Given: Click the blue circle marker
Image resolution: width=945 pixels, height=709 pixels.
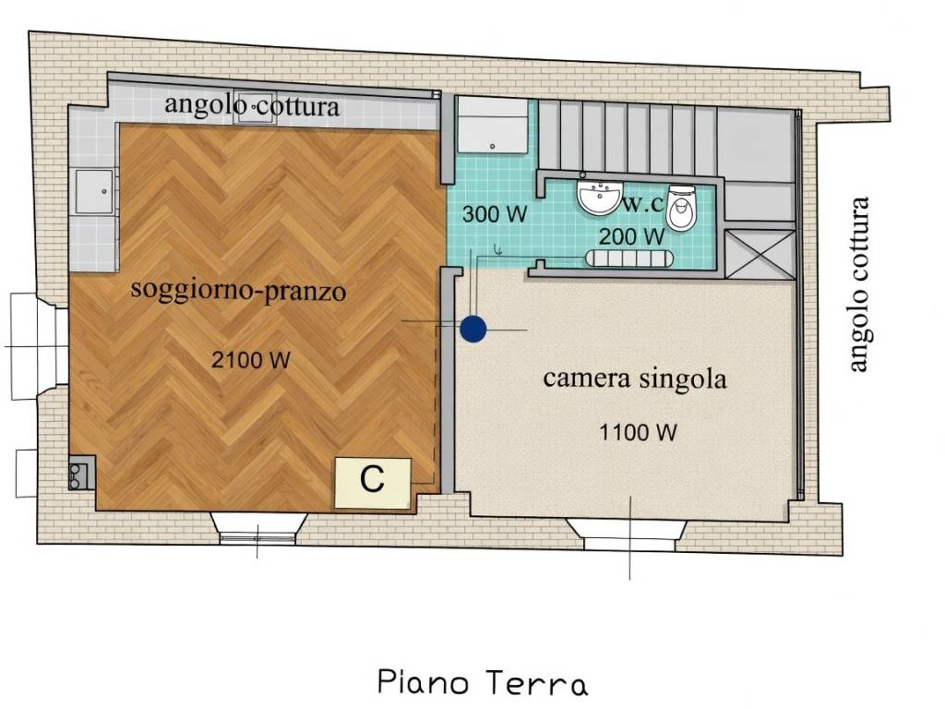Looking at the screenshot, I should pos(472,330).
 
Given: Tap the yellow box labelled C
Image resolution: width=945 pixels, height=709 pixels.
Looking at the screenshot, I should pos(373,482).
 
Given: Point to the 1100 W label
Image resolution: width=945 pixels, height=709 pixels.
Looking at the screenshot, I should pos(639,431).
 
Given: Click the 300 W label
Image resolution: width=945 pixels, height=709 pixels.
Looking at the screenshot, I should pos(494,215).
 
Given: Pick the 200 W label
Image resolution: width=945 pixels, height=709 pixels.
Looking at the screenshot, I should pos(631,236).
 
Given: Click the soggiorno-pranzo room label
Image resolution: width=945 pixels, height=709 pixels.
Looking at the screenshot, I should pos(238,291).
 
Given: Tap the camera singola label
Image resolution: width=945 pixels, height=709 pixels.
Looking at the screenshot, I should pos(634,378).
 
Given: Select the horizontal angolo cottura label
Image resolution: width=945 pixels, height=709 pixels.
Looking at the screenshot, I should pos(252,105).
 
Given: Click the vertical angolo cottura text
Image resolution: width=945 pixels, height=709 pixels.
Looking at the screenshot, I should pos(859,285).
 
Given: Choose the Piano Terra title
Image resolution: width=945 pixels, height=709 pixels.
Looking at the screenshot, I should pos(482,684).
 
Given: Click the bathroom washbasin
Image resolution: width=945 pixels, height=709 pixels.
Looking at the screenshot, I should pos(598,197).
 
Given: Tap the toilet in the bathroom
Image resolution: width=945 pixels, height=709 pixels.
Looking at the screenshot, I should pos(682,209).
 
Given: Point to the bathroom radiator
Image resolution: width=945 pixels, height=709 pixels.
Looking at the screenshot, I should pos(634,258).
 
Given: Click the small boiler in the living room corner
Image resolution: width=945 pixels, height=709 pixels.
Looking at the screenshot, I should pos(79,475).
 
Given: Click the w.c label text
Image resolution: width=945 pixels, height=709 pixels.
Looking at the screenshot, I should pos(642,202).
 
